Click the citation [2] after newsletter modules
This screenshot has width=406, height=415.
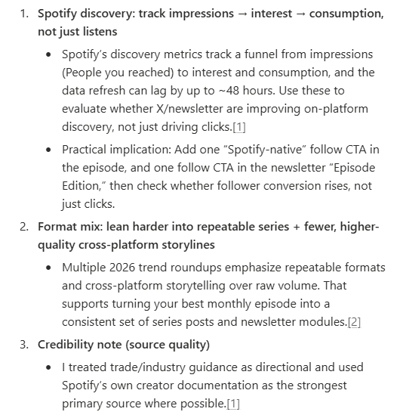point(354,322)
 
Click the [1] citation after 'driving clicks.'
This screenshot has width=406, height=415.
point(239,127)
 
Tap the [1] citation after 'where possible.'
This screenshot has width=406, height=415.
point(233,404)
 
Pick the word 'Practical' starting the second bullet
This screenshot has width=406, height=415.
point(86,149)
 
